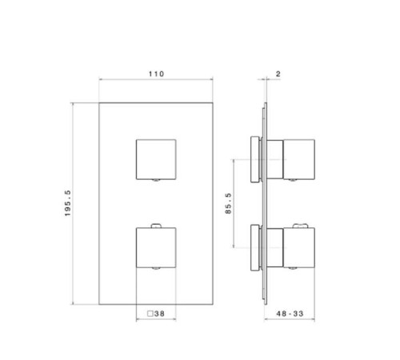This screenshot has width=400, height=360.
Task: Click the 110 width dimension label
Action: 155,74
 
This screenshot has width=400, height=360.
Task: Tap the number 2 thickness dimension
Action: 277,74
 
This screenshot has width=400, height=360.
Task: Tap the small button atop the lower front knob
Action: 156,222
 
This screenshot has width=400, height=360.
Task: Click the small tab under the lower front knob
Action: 156,269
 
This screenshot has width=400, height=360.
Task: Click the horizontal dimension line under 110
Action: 155,81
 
